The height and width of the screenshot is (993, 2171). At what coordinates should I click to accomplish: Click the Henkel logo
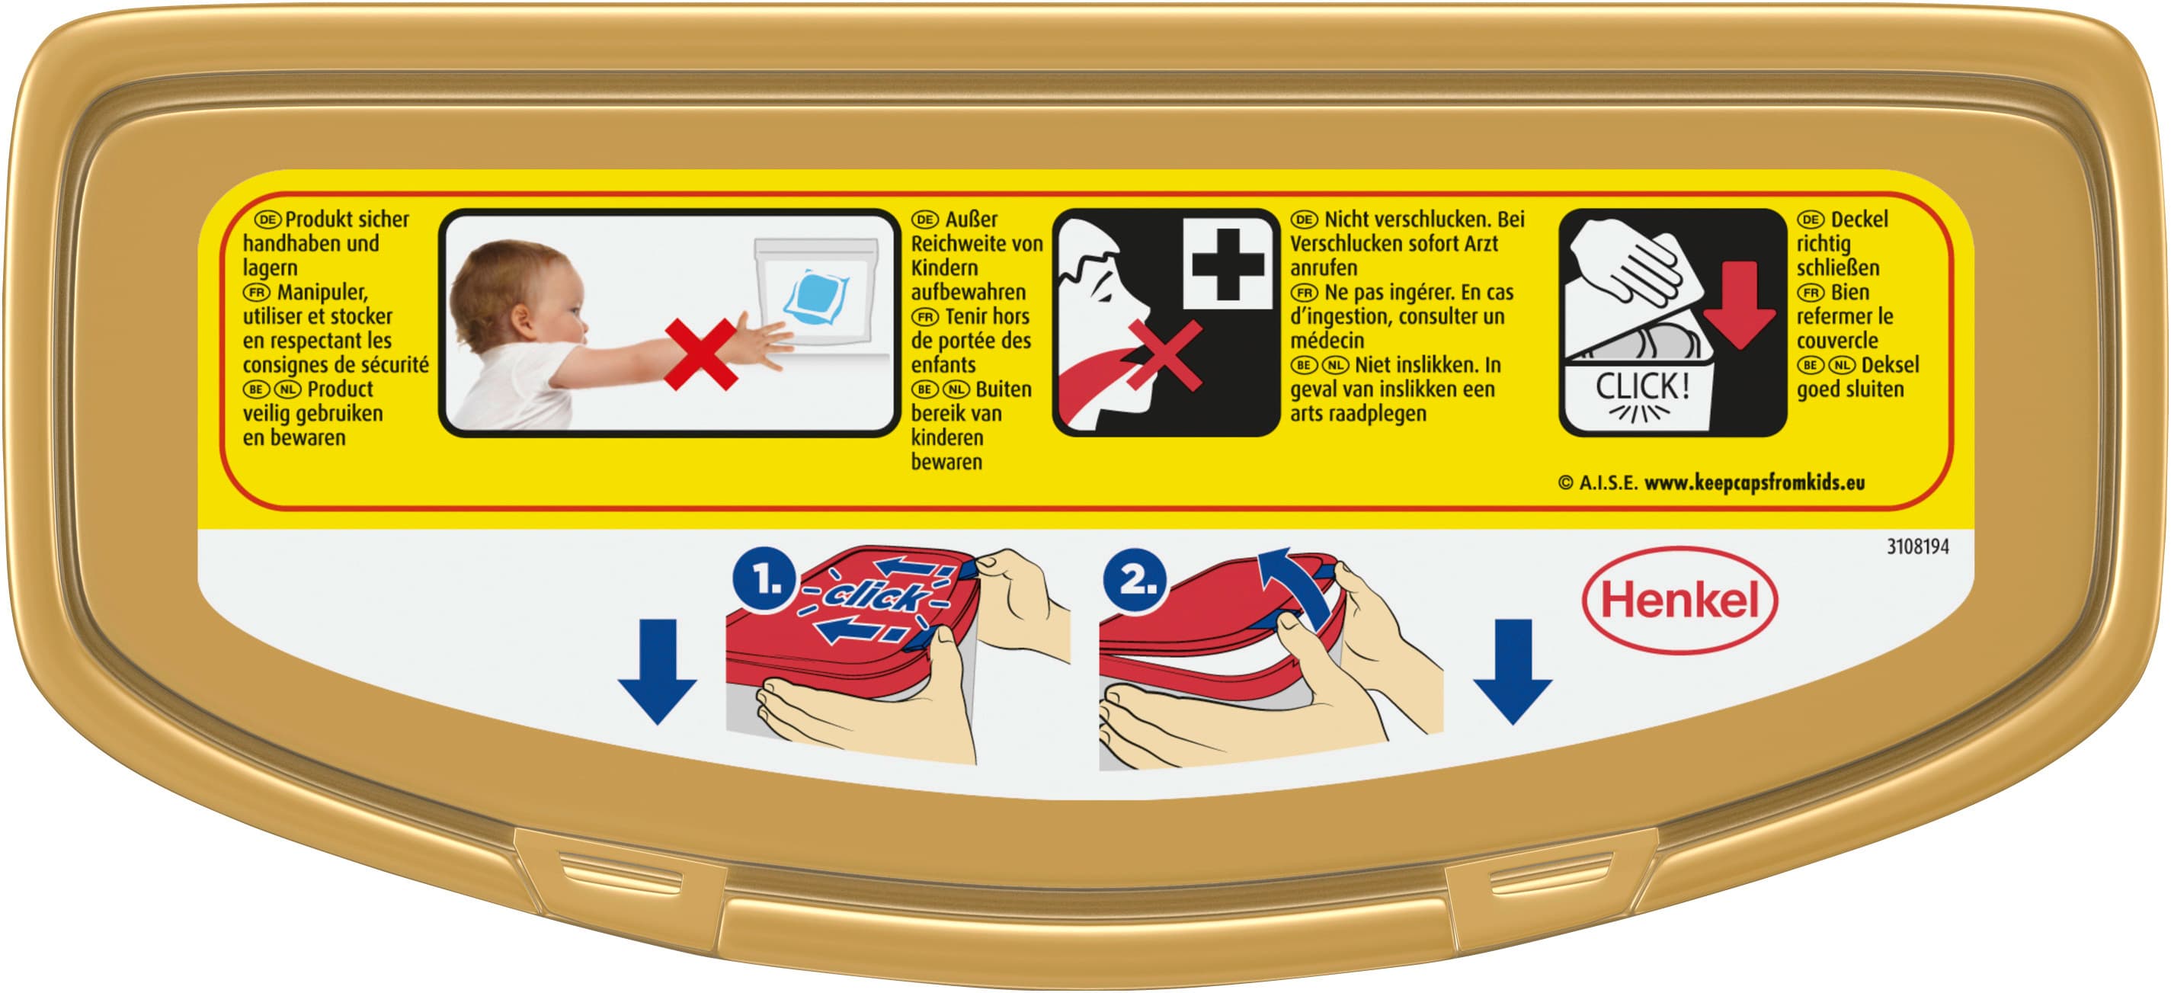click(x=1679, y=601)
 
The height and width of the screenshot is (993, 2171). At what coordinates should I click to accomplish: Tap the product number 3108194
click(x=1917, y=546)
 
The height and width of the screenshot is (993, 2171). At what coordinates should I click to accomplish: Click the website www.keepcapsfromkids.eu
click(x=1755, y=482)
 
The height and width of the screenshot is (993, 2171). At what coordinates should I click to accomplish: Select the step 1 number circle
click(x=764, y=580)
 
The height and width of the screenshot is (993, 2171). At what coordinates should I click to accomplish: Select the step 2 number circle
click(x=1135, y=580)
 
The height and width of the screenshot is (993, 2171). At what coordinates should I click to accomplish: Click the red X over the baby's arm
click(x=700, y=354)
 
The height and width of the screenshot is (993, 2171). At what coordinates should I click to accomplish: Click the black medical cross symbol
click(x=1227, y=263)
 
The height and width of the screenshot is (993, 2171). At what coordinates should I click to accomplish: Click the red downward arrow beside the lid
click(x=1740, y=303)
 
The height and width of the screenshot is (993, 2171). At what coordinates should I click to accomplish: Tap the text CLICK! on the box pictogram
click(x=1641, y=387)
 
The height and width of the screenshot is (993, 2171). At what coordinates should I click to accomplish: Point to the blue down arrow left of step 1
click(x=658, y=671)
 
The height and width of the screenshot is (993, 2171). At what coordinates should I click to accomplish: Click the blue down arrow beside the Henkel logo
click(x=1513, y=671)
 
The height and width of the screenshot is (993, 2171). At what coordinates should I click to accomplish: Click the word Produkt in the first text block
click(x=315, y=219)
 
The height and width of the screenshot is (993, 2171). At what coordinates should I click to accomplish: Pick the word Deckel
click(x=1859, y=219)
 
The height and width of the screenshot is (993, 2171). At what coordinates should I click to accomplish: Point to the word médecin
click(x=1327, y=341)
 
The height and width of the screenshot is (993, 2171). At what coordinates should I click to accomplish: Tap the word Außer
click(x=971, y=219)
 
